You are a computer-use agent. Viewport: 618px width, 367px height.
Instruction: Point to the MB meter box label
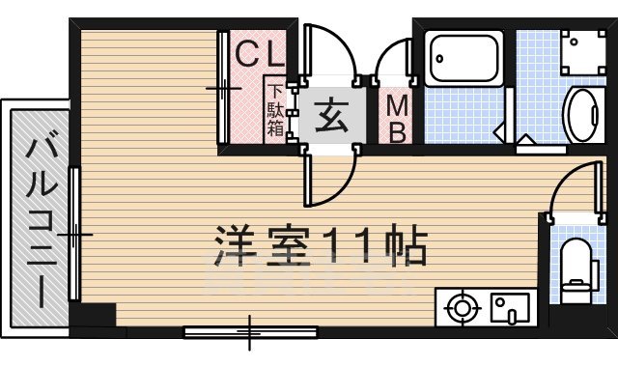pyautogui.click(x=397, y=118)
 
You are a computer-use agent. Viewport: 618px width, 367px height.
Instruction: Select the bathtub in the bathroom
pyautogui.click(x=463, y=59)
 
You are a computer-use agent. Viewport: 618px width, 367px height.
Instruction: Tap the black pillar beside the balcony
pyautogui.click(x=97, y=316)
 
